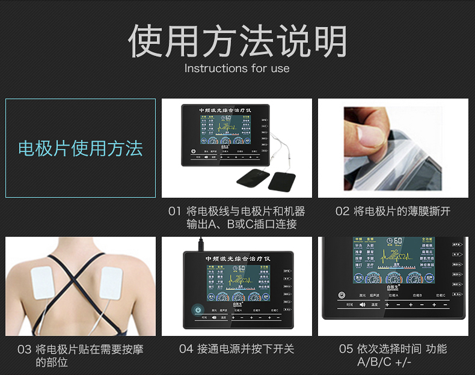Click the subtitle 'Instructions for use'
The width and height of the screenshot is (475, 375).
[237, 69]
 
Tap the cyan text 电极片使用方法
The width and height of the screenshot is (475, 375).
[81, 148]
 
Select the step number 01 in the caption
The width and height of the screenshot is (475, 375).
[174, 212]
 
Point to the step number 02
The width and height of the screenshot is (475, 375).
[342, 212]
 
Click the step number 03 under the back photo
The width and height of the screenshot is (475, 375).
[24, 349]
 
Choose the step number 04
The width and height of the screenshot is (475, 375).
[186, 349]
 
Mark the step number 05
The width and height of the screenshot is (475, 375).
[346, 349]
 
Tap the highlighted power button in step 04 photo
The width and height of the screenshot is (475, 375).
[197, 310]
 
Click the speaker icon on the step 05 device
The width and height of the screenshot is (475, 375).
[363, 305]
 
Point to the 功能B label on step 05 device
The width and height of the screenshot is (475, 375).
[417, 296]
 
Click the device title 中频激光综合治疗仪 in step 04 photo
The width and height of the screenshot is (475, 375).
[238, 258]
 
